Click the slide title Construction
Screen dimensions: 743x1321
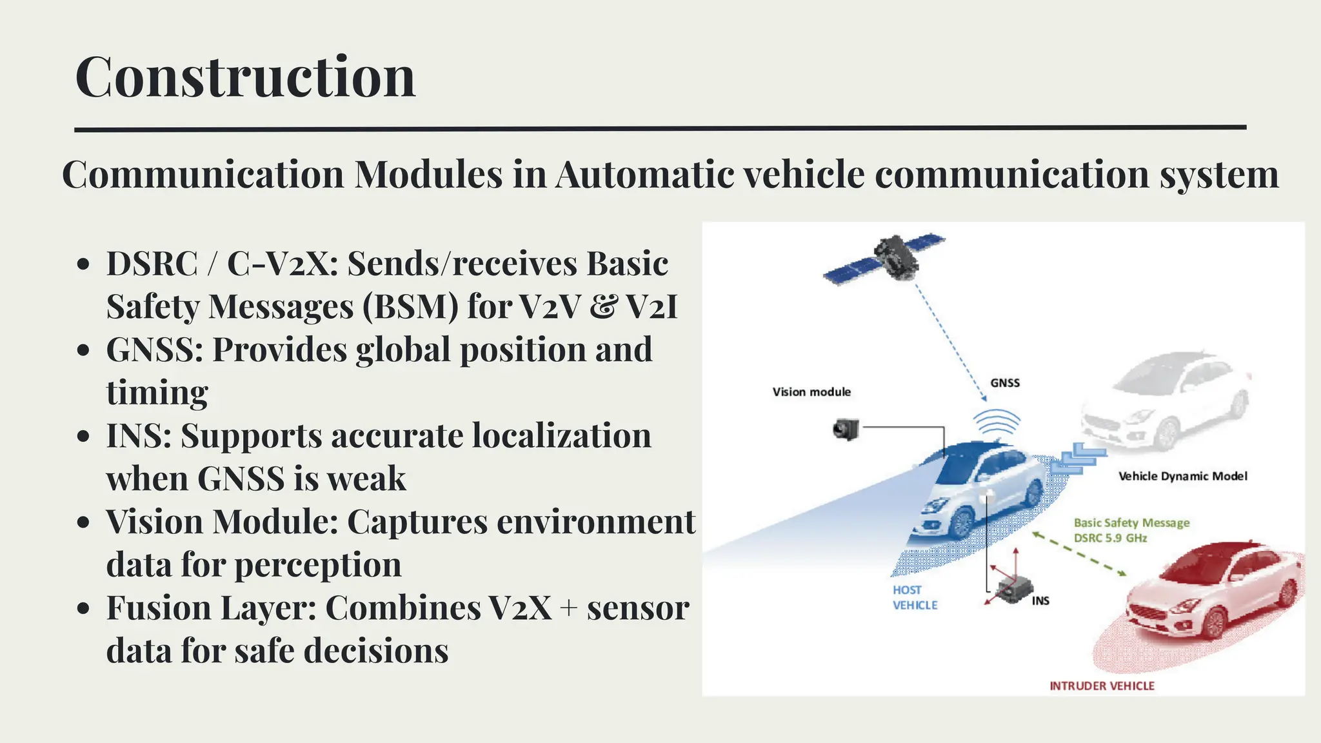pyautogui.click(x=245, y=77)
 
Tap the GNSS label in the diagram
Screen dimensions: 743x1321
pyautogui.click(x=1005, y=382)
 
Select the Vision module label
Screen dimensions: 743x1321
pyautogui.click(x=811, y=391)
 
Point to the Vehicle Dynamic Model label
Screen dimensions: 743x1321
pyautogui.click(x=1182, y=476)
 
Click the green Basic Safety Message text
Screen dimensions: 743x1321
pyautogui.click(x=1131, y=523)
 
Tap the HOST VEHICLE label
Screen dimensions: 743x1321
pyautogui.click(x=914, y=597)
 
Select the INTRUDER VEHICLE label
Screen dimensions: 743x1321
pyautogui.click(x=1102, y=686)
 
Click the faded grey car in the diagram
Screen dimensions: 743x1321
pyautogui.click(x=1167, y=400)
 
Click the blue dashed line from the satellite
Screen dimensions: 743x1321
pyautogui.click(x=948, y=342)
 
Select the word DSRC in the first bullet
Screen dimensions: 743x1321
pyautogui.click(x=152, y=264)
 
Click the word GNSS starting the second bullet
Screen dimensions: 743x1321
pyautogui.click(x=155, y=350)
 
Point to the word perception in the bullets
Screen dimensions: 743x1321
pyautogui.click(x=317, y=565)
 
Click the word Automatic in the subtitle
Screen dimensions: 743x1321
pyautogui.click(x=644, y=174)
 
